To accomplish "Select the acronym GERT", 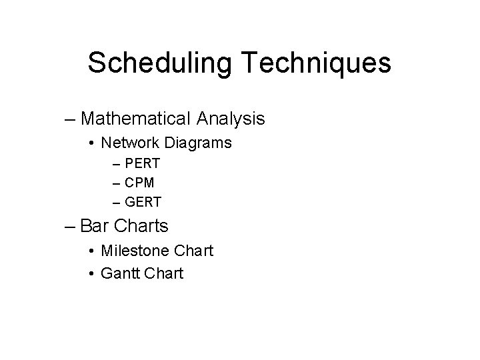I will click(143, 201).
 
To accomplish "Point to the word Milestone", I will click(135, 251).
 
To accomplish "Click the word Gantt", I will click(121, 273).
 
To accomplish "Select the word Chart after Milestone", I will click(193, 251).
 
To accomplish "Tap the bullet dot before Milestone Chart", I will click(91, 251).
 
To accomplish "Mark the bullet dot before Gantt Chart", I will click(91, 273).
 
